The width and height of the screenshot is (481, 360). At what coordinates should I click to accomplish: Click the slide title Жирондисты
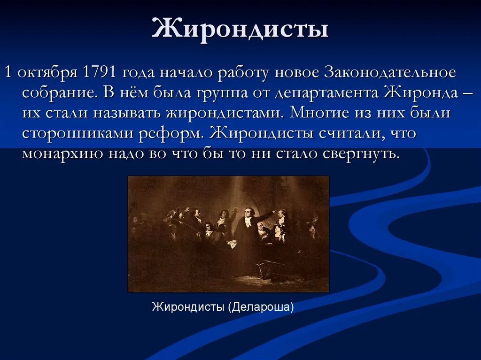click(x=240, y=29)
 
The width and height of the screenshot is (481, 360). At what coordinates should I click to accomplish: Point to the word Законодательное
click(x=390, y=73)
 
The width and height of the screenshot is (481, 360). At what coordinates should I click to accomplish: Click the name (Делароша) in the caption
click(x=261, y=307)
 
